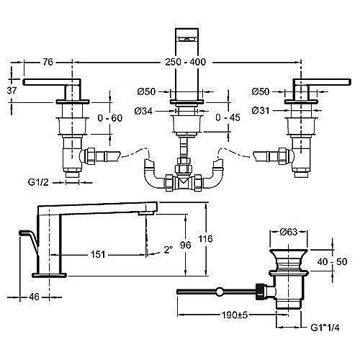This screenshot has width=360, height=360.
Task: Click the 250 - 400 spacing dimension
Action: [x=185, y=62]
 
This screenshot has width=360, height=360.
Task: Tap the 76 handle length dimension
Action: [x=48, y=62]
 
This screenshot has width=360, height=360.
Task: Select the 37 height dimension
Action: [x=12, y=91]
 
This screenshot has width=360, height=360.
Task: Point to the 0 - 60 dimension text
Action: [x=110, y=118]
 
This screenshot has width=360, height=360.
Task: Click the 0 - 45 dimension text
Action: [x=228, y=117]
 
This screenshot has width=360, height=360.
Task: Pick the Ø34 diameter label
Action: [x=143, y=111]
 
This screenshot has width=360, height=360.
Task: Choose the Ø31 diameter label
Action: [x=261, y=111]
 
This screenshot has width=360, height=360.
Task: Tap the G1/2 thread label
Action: [x=38, y=182]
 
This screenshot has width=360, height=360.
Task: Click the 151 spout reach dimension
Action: [x=98, y=254]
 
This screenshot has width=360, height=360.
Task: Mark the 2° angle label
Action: [x=168, y=250]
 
